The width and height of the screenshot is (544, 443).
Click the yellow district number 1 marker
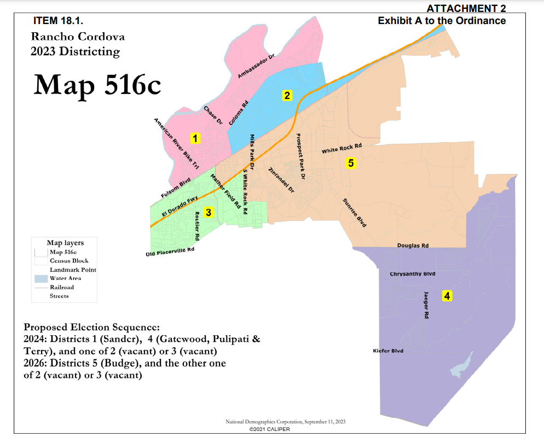pyautogui.click(x=195, y=138)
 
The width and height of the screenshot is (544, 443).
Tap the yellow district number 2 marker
pyautogui.click(x=286, y=95)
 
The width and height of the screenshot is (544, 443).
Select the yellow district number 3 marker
pyautogui.click(x=208, y=212)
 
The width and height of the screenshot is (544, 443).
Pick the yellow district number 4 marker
pyautogui.click(x=447, y=296)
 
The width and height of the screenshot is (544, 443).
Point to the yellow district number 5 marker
pyautogui.click(x=351, y=162)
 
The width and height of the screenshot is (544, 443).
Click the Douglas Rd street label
pyautogui.click(x=413, y=246)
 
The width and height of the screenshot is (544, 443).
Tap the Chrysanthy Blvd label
pyautogui.click(x=412, y=273)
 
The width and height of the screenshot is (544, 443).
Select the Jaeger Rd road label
pyautogui.click(x=426, y=305)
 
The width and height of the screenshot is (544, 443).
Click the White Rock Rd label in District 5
pyautogui.click(x=342, y=148)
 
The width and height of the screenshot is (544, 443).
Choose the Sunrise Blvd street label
pyautogui.click(x=354, y=213)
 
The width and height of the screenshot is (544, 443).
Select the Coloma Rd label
pyautogui.click(x=239, y=113)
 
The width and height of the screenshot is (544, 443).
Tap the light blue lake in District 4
pyautogui.click(x=461, y=366)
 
